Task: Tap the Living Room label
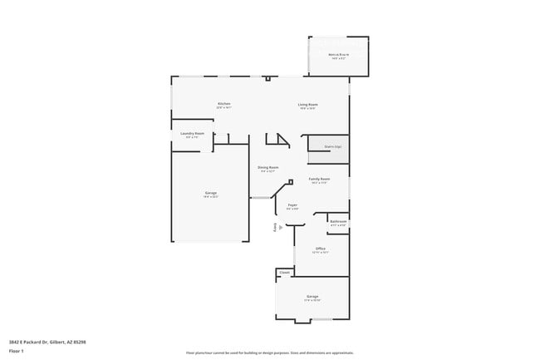[308, 104]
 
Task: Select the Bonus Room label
[338, 55]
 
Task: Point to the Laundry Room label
[193, 133]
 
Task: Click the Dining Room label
[268, 167]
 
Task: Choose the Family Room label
[319, 179]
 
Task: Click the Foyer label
[292, 205]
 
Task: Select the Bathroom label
[337, 222]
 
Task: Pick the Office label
[320, 248]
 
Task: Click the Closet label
[284, 272]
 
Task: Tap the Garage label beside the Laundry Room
[211, 193]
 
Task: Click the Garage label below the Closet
[312, 296]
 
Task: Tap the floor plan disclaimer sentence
[270, 353]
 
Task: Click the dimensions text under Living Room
[308, 108]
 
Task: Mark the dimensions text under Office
[320, 252]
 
